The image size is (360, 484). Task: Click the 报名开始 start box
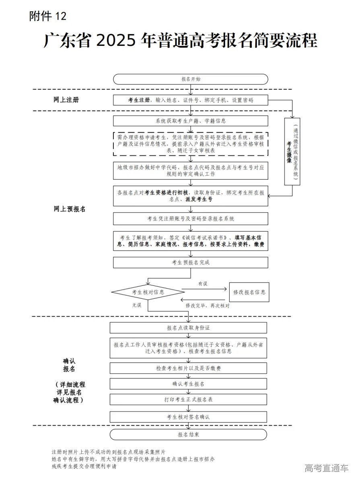pos(190,79)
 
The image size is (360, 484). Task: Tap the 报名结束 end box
pos(188,435)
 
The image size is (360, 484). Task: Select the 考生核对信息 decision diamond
pos(148,292)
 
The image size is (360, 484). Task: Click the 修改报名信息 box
pos(249,292)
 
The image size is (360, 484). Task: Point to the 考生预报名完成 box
pos(190,263)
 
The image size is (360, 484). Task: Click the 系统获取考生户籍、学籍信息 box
pos(190,121)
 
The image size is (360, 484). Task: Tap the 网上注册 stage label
pos(66,100)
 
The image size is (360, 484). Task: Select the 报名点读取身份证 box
pos(188,328)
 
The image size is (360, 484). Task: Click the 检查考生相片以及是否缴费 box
pos(188,368)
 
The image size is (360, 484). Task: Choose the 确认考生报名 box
pos(188,384)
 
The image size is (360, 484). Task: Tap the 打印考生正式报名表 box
pos(188,400)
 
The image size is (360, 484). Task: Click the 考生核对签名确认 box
pos(188,417)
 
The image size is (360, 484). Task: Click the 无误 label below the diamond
pos(137,306)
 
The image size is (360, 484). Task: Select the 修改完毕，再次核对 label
pos(208,306)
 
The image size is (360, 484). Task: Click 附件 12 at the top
pos(47,16)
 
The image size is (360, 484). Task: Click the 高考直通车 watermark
pos(327,468)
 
